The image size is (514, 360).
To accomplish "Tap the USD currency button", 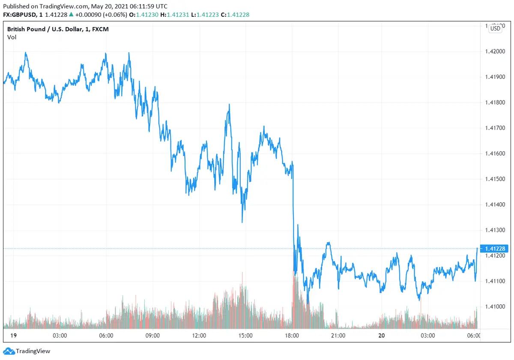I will [x=495, y=29].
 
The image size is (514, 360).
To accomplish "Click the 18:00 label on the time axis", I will [x=292, y=336].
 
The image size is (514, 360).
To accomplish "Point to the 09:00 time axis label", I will [x=152, y=336].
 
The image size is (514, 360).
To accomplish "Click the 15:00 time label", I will [x=245, y=336].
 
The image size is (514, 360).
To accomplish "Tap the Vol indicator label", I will [x=12, y=37].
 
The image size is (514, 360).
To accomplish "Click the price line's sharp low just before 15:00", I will [x=242, y=222].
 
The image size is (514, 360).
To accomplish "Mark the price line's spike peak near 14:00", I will [x=230, y=104].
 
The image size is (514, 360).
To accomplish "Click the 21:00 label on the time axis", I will [x=338, y=336].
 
